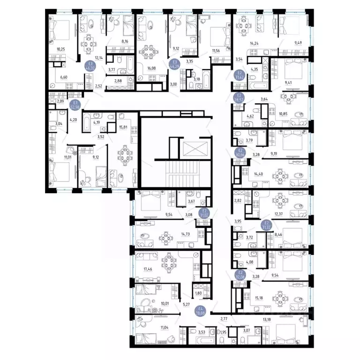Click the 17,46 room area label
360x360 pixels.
pos(142,270)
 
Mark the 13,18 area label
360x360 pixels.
pos(266,320)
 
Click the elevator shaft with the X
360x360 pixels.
pos(194,150)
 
